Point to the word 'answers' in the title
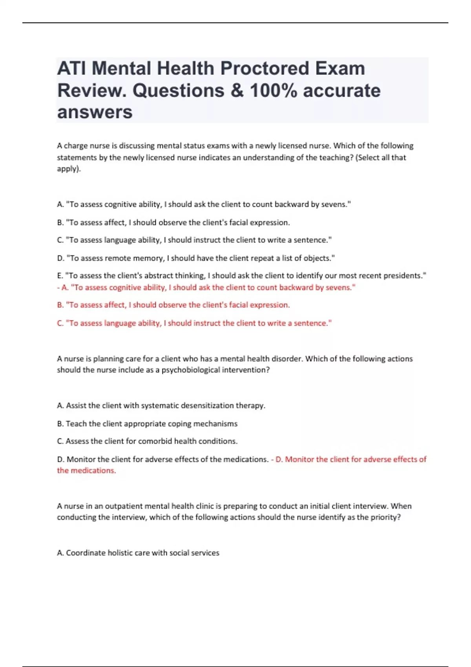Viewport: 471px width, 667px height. tap(95, 112)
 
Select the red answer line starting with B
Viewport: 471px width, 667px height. tap(173, 305)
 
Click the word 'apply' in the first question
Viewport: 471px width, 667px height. tap(68, 169)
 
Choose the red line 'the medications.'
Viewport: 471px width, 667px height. tap(86, 470)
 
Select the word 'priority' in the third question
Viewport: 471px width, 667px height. tap(384, 517)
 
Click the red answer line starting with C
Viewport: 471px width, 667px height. tap(194, 323)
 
